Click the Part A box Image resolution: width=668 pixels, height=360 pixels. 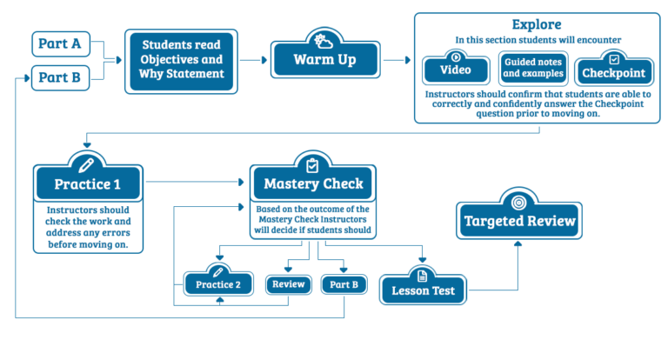pyautogui.click(x=61, y=43)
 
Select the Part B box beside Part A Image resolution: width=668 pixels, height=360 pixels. pyautogui.click(x=61, y=78)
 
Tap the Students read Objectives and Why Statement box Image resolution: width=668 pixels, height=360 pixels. pyautogui.click(x=181, y=62)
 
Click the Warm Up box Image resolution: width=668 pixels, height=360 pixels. pyautogui.click(x=325, y=60)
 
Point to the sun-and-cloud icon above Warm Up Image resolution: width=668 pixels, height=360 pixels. pyautogui.click(x=324, y=42)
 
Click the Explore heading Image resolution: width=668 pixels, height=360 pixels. pyautogui.click(x=537, y=24)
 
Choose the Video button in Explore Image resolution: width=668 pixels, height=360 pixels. pyautogui.click(x=456, y=70)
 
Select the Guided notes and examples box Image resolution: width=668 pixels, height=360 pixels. pyautogui.click(x=533, y=68)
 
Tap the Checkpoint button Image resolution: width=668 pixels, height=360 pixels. pyautogui.click(x=614, y=72)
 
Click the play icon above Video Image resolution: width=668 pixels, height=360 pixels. pyautogui.click(x=456, y=57)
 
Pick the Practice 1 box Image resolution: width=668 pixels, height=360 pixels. pyautogui.click(x=88, y=184)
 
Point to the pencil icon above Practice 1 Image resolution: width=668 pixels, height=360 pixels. pyautogui.click(x=86, y=165)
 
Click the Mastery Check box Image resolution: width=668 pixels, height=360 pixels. pyautogui.click(x=313, y=183)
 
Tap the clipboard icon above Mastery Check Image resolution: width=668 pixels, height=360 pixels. pyautogui.click(x=312, y=165)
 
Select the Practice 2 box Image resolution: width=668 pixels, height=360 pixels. pyautogui.click(x=218, y=284)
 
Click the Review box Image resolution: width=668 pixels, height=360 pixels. pyautogui.click(x=289, y=284)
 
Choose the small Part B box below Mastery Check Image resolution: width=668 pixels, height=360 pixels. pyautogui.click(x=344, y=284)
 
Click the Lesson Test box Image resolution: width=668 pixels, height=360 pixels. pyautogui.click(x=423, y=290)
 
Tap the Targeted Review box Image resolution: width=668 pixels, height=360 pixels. pyautogui.click(x=519, y=221)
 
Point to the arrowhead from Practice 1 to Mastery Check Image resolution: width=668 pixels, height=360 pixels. pyautogui.click(x=241, y=183)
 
